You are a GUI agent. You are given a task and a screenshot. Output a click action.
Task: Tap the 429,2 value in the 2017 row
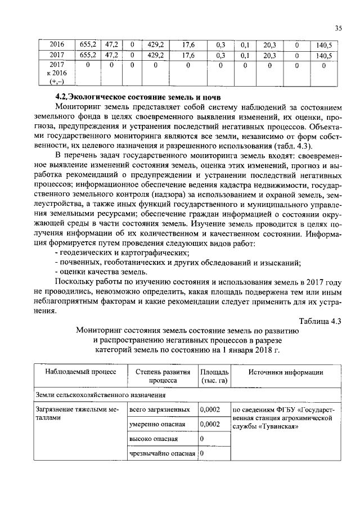coord(155,56)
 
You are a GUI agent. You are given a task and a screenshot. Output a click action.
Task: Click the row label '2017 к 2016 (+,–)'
coord(58,73)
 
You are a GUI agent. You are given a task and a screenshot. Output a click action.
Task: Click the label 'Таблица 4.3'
coord(320,321)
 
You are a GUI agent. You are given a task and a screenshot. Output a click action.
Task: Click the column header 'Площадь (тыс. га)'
coord(214,376)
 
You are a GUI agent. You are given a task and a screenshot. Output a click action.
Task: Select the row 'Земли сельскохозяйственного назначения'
coord(94,395)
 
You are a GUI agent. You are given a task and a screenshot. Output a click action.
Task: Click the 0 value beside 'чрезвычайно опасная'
coord(202,453)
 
